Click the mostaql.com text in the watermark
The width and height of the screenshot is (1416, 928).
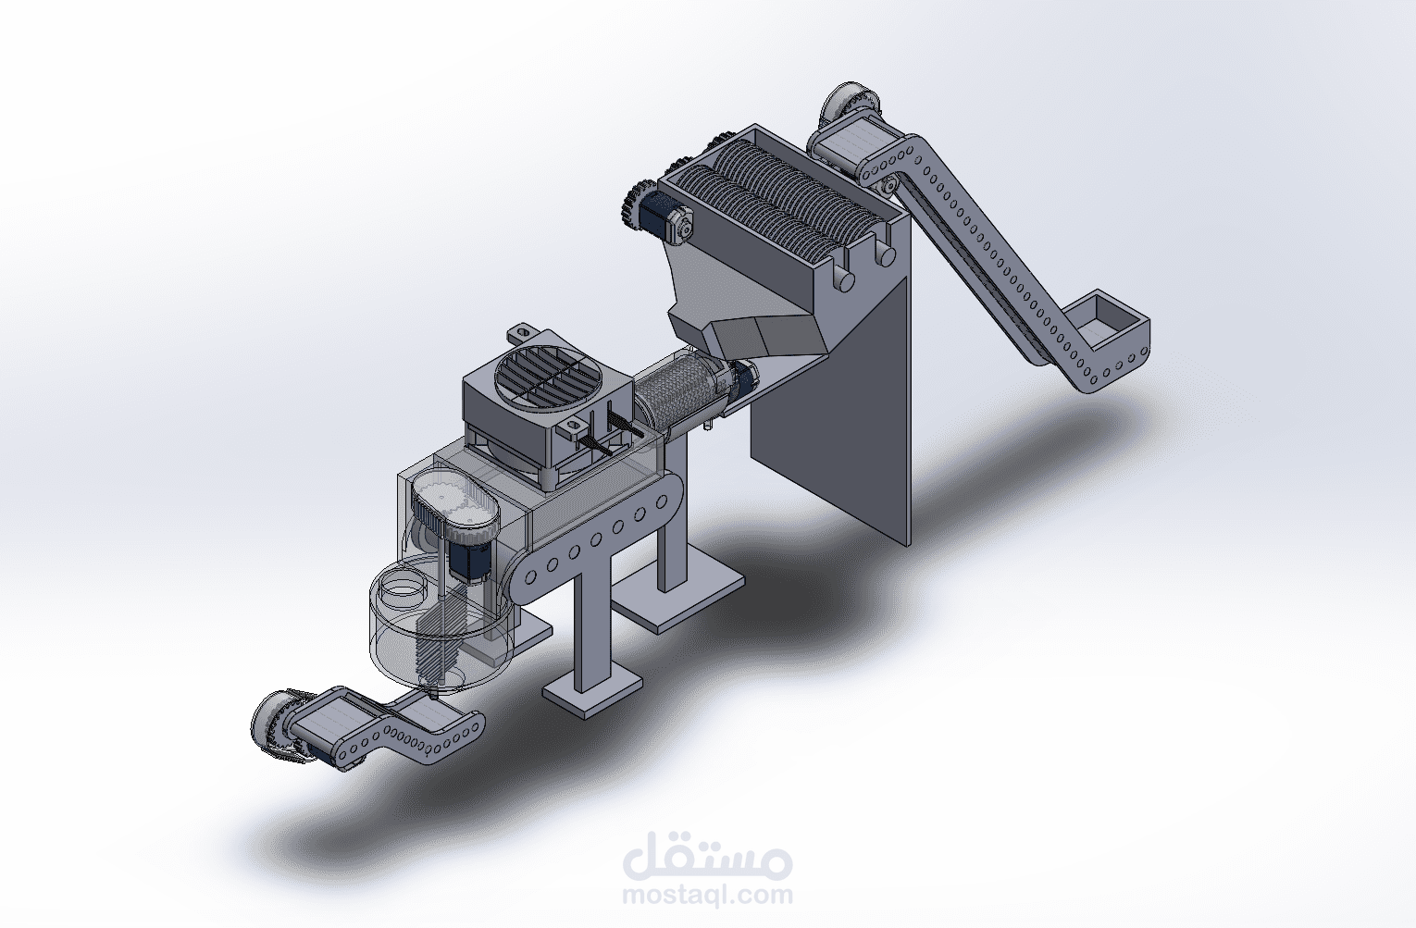coord(707,895)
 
